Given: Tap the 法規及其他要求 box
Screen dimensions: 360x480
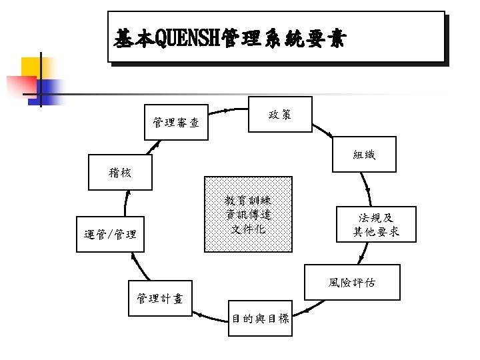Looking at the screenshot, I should click(376, 225).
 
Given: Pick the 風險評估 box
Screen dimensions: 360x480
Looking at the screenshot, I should click(351, 283).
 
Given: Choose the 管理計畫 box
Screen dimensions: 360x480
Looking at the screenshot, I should click(159, 298).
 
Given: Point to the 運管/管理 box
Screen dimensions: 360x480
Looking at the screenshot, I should click(110, 235).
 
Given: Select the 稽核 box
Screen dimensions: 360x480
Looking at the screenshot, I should click(120, 173).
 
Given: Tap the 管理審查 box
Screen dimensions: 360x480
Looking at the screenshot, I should click(175, 122).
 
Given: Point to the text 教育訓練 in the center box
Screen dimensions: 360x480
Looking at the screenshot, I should click(248, 201).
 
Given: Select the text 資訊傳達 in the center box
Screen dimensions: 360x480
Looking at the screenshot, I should click(248, 215).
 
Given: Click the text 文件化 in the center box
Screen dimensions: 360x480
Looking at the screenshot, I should click(248, 229).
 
